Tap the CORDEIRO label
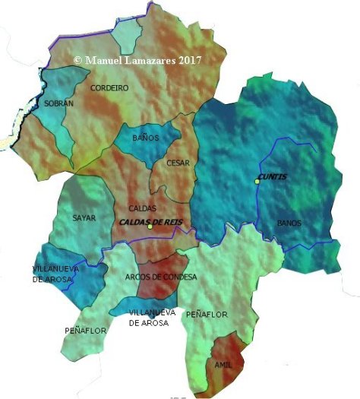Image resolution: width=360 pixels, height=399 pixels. [109, 88]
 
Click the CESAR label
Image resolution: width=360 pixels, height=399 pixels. [177, 163]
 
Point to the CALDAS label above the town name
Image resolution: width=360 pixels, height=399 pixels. [142, 207]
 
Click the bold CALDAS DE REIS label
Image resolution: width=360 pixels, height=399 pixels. [155, 221]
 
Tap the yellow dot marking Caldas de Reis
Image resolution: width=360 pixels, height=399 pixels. [150, 227]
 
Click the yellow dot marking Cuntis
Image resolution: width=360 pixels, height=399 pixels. [257, 181]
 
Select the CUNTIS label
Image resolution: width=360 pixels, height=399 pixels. [272, 176]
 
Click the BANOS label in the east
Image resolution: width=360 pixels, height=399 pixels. [289, 223]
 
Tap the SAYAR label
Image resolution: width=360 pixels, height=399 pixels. [84, 218]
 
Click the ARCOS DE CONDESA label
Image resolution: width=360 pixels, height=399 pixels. [160, 277]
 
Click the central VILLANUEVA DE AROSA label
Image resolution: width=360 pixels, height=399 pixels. [152, 318]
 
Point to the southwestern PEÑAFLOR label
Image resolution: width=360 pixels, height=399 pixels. [85, 331]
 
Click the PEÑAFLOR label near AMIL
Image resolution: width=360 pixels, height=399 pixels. [207, 313]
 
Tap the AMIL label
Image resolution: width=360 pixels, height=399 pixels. [223, 365]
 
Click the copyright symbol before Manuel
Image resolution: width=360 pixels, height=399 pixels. [77, 59]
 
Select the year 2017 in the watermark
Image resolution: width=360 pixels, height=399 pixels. [188, 59]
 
